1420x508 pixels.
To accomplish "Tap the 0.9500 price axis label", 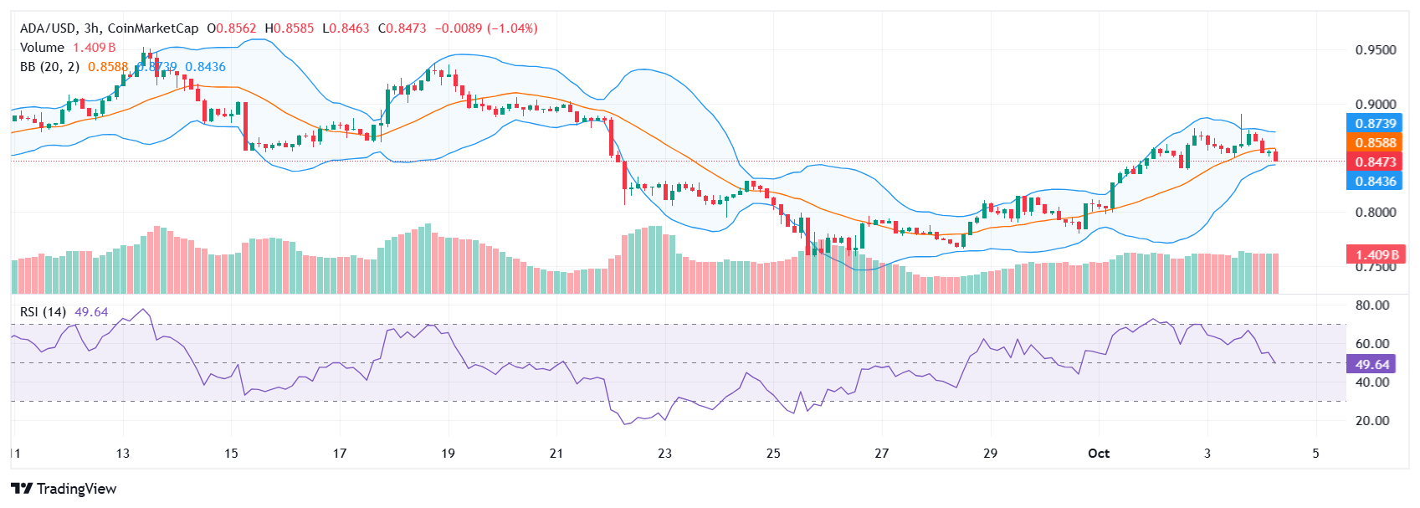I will click(x=1376, y=50).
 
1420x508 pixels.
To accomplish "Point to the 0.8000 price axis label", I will click(x=1376, y=213).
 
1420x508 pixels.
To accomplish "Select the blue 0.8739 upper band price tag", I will click(x=1376, y=124).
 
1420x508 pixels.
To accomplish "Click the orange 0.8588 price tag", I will click(x=1376, y=143).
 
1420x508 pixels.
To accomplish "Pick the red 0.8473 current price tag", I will click(x=1376, y=162).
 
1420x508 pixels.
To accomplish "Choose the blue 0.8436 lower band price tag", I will click(x=1376, y=182).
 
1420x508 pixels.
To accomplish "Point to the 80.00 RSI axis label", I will click(x=1372, y=305).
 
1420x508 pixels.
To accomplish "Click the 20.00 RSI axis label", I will click(x=1372, y=421).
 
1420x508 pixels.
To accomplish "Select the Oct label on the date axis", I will click(x=1098, y=454).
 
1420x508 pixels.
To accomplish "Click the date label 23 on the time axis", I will click(x=664, y=454).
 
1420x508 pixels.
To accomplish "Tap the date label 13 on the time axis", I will click(x=123, y=454).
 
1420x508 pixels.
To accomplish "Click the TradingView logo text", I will click(x=76, y=489).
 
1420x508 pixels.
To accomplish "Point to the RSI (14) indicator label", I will click(x=44, y=312).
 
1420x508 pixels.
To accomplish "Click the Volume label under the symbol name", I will click(x=42, y=48).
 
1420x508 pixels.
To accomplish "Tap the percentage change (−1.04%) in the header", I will click(x=512, y=28).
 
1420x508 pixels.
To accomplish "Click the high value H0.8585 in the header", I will click(x=290, y=28).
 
